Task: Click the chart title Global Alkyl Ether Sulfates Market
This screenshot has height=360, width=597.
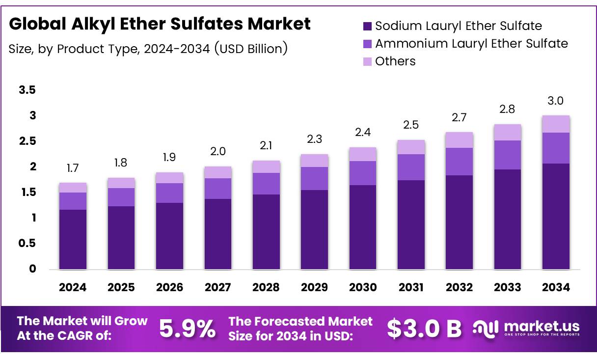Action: (x=160, y=24)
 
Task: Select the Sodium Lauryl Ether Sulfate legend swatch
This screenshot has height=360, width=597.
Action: (x=367, y=26)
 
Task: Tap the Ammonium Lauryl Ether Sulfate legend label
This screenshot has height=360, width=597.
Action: (x=471, y=44)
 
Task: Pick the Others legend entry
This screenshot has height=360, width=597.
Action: (x=395, y=61)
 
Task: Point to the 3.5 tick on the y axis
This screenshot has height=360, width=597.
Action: (x=27, y=90)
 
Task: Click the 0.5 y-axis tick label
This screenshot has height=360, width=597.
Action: (x=27, y=244)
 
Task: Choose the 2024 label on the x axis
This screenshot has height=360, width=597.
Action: (x=73, y=288)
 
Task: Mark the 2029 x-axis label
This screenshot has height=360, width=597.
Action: (x=314, y=288)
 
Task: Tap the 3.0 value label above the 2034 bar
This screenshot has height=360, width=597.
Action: (x=556, y=101)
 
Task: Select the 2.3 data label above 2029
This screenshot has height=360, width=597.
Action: (x=314, y=140)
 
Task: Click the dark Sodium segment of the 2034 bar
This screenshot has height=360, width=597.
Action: (x=556, y=216)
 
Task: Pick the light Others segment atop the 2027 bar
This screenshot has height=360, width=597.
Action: (x=217, y=172)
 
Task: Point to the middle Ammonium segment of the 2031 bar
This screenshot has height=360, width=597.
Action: (x=411, y=167)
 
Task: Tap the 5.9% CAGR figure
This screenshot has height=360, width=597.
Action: (x=187, y=329)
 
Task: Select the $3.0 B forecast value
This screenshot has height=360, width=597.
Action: (x=424, y=329)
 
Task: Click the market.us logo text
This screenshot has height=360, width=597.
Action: (x=542, y=327)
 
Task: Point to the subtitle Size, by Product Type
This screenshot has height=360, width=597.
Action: (x=148, y=49)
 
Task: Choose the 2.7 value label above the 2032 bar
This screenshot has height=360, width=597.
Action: (x=459, y=118)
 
